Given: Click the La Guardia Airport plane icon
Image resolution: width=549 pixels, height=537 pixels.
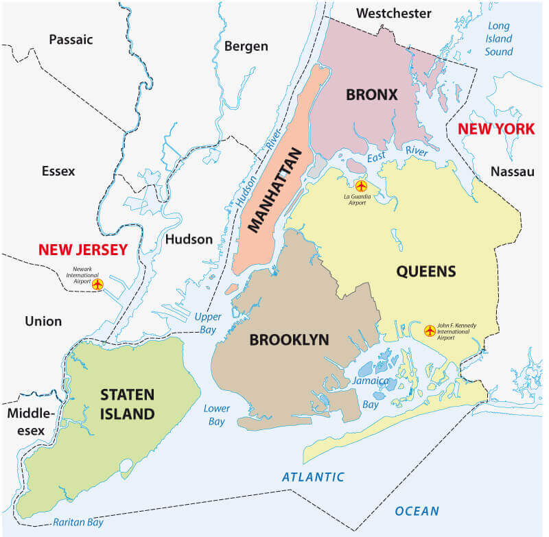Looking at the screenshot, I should click(361, 186).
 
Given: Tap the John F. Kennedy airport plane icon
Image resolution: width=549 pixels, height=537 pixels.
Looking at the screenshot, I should click(430, 331).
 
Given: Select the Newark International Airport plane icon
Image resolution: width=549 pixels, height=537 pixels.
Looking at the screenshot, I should click(97, 284).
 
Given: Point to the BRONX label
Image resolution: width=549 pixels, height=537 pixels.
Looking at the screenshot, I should click(371, 95).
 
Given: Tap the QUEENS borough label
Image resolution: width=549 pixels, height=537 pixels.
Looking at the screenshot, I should click(425, 272).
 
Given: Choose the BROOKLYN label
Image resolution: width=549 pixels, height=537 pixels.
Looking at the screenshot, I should click(289, 339).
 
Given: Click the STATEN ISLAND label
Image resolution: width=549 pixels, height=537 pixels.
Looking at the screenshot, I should click(128, 404).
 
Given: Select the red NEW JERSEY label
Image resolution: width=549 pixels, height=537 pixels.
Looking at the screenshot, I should click(83, 250).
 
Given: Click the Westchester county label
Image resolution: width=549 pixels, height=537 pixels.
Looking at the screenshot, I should click(394, 13).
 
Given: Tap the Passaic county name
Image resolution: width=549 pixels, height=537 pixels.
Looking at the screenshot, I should click(70, 40).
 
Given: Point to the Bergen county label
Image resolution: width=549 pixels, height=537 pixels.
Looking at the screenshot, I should click(246, 47).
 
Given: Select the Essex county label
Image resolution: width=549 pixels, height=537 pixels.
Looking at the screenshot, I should click(58, 171).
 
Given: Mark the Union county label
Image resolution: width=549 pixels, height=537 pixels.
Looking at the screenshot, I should click(43, 321).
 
